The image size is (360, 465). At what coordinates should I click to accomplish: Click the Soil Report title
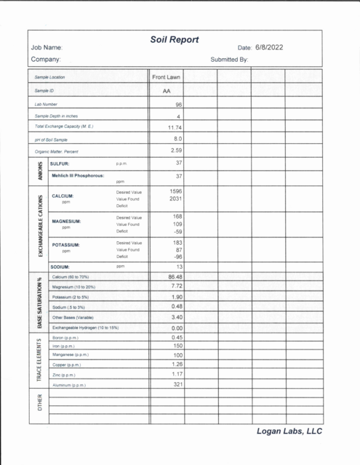coord(175,39)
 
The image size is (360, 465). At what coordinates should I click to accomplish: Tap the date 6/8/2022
coord(265,48)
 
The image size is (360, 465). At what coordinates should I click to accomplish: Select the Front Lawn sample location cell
coord(167,76)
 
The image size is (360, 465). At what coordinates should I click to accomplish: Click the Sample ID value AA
coord(167,91)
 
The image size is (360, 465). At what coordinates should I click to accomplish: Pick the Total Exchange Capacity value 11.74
coord(175,127)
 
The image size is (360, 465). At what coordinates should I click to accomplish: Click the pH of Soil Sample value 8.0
coord(177,138)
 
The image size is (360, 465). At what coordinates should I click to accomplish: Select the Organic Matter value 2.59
coord(176,150)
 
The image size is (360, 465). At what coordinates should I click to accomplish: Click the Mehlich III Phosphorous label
coord(78,176)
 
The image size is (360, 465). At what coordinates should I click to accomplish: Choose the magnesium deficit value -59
coord(177,232)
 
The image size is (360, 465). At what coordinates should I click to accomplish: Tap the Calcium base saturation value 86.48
coord(175,277)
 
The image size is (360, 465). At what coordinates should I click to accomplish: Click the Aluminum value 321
coord(177,384)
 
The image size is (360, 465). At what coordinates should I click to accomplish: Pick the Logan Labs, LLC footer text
coord(289,431)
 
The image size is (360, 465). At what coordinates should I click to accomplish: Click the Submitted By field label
coord(229,59)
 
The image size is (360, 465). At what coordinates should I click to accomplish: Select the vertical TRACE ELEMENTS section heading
coord(37,361)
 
